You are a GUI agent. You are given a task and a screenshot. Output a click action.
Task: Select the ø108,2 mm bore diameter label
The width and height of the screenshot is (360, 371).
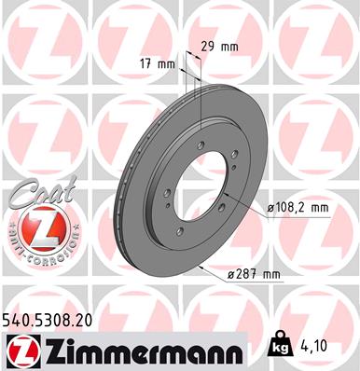[298, 210]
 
